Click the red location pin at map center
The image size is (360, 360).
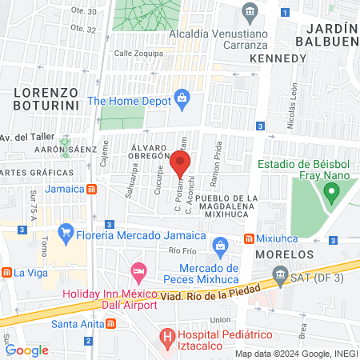click(x=180, y=163)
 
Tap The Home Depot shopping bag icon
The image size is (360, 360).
click(x=183, y=100)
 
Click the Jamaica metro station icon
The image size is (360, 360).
click(x=93, y=189)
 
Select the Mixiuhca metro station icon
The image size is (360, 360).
click(x=249, y=238)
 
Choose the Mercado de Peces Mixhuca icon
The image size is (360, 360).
click(x=225, y=245)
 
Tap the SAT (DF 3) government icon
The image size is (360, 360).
click(x=281, y=277)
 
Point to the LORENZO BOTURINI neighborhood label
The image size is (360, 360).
click(x=47, y=98)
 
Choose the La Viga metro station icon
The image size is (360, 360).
click(x=6, y=272)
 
